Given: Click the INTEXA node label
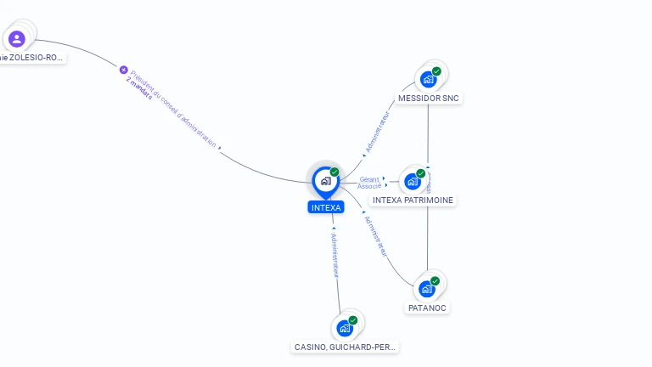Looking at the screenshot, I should (326, 207).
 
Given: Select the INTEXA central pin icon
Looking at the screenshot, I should (325, 181).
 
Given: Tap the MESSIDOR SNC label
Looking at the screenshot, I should (429, 99).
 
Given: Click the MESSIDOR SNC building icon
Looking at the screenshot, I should (429, 80).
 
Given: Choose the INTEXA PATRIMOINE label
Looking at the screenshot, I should (413, 200).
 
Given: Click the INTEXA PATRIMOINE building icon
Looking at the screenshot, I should (413, 182).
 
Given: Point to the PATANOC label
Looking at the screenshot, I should (427, 308).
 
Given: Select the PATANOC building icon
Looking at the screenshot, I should (427, 289).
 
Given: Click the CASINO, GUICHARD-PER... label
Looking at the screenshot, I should (345, 347).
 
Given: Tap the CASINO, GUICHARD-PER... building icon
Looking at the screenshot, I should (345, 328).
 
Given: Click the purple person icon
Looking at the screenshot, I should (16, 38).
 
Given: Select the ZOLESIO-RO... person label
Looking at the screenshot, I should (32, 58).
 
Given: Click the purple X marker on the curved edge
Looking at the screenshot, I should (123, 70).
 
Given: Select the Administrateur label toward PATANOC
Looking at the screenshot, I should (375, 235).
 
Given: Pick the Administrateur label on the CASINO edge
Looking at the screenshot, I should (334, 255).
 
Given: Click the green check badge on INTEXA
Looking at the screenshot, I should (334, 172).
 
